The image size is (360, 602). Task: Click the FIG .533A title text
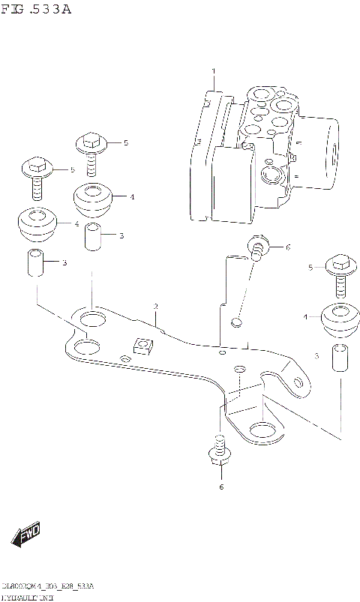37,9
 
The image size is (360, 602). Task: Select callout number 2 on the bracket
155,307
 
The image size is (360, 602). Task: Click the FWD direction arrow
26,535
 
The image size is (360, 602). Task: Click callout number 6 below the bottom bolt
220,488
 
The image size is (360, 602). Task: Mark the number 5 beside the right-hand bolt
310,268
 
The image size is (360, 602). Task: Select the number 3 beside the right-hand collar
316,355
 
